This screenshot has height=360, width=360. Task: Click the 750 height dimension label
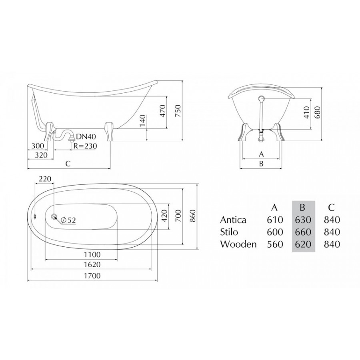point(178,111)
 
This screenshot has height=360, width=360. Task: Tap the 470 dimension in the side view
point(162,111)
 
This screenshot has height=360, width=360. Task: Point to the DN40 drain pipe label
point(86,137)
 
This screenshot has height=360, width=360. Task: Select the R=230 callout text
point(85,146)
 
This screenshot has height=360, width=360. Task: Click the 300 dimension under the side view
point(38,146)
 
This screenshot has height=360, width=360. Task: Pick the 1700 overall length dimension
point(92,276)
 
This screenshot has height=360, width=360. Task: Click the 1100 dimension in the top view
point(92,255)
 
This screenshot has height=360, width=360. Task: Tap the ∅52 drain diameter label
point(68,220)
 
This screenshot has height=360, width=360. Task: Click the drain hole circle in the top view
point(54,216)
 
